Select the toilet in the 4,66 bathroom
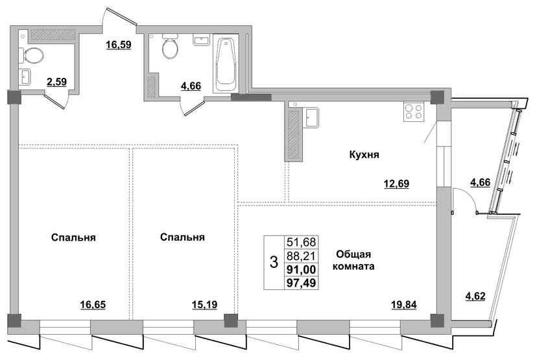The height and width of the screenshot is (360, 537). point(170,46)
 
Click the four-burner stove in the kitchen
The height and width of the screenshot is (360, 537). point(413,112)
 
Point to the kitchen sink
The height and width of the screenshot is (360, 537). point(311,117)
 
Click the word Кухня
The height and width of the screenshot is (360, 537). point(364,155)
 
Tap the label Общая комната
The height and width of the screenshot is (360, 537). point(353,260)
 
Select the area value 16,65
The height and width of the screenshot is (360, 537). point(93,304)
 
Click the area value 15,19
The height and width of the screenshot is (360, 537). point(204,304)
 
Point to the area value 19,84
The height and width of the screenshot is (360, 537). point(404,304)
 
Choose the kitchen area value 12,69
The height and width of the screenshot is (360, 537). point(396,184)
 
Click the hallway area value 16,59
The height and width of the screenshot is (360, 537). point(119,45)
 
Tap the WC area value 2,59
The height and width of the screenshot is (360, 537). point(56,82)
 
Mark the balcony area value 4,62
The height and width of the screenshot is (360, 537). point(475,296)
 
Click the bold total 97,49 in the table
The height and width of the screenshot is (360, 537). point(302,283)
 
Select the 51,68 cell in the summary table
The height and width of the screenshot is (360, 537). point(302,242)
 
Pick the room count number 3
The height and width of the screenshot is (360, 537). point(274,263)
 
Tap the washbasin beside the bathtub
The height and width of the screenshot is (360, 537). point(201,40)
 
